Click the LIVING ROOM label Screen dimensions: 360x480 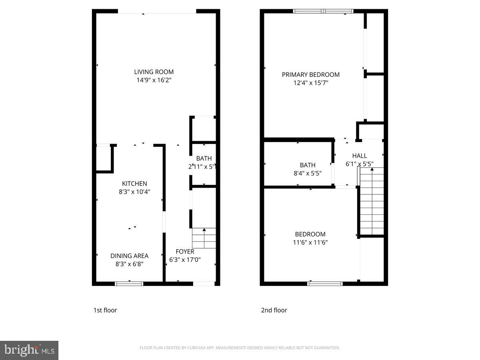click(154, 72)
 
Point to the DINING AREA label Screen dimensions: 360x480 click(129, 256)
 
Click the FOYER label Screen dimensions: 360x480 click(185, 252)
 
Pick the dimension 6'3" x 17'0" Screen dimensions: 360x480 click(185, 260)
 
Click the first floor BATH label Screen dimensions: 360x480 click(204, 158)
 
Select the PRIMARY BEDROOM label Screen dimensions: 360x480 click(310, 74)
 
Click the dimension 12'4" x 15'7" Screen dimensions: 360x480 click(310, 83)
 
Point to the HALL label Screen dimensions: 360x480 click(359, 156)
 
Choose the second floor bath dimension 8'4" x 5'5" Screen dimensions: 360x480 click(307, 173)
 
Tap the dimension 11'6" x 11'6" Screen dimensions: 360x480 click(310, 242)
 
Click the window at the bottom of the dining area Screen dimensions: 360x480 click(129, 284)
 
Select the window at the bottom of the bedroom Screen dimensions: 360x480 click(325, 284)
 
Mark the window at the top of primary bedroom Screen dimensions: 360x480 click(323, 11)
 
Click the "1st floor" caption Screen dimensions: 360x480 click(105, 310)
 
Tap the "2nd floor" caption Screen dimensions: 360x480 click(274, 310)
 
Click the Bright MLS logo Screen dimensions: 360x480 click(29, 350)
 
